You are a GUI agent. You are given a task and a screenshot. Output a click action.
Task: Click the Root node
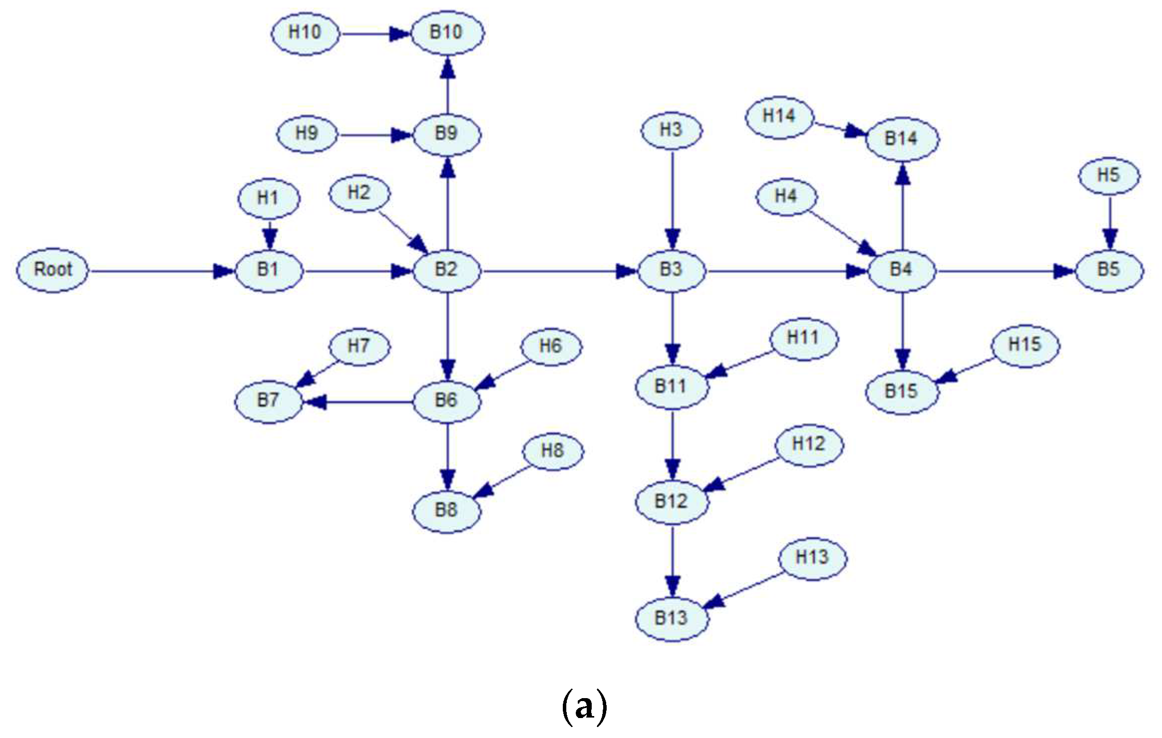click(x=53, y=270)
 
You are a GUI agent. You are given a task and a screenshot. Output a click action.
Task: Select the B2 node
click(x=447, y=270)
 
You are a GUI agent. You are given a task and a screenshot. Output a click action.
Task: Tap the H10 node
click(x=305, y=33)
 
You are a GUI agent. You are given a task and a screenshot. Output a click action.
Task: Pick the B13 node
click(x=671, y=618)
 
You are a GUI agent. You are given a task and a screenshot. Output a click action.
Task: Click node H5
click(x=1109, y=176)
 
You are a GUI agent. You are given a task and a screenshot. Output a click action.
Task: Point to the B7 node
click(x=268, y=400)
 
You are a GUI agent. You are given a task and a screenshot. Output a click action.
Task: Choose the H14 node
click(x=779, y=117)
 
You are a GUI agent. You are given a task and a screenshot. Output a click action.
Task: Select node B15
click(x=901, y=391)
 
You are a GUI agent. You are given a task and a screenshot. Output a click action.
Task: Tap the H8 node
click(x=552, y=451)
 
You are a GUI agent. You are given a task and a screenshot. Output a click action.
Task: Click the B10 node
click(x=447, y=33)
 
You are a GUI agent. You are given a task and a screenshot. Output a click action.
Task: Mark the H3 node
click(x=671, y=131)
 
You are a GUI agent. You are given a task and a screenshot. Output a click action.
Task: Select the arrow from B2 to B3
click(x=558, y=271)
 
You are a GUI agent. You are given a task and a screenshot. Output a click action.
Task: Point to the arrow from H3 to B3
click(x=672, y=199)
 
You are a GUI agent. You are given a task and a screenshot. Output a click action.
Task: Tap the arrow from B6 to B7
click(x=359, y=401)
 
